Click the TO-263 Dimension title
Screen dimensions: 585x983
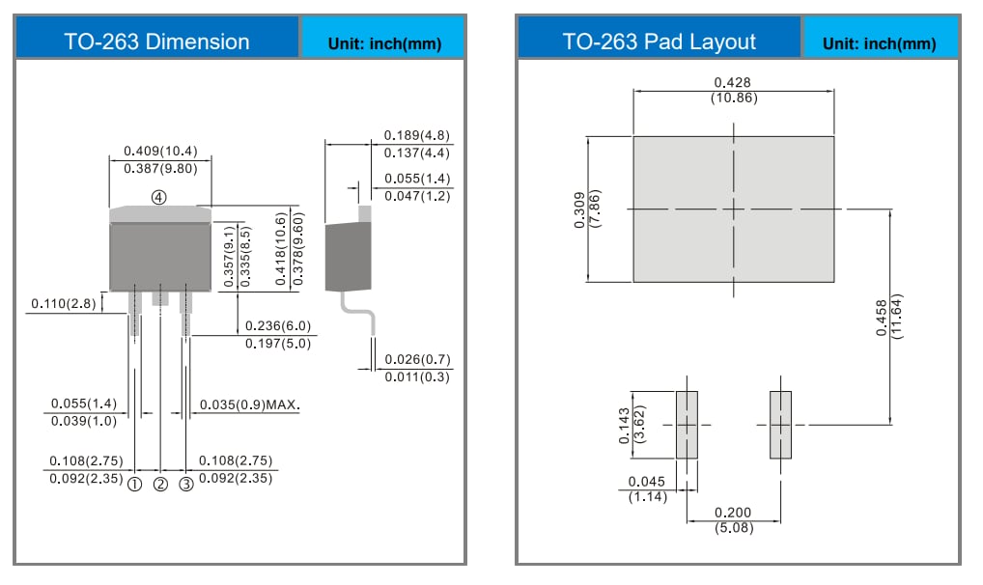pos(156,42)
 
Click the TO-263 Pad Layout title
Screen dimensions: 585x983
pos(660,42)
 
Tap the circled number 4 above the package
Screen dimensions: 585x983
pos(159,196)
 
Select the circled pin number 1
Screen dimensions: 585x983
pos(134,484)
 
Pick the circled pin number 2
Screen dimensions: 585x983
pos(160,484)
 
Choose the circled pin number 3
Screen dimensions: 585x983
pos(186,484)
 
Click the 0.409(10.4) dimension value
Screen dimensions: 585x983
pos(160,151)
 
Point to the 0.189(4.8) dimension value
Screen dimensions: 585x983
pos(417,135)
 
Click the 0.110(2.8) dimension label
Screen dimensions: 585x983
pos(64,303)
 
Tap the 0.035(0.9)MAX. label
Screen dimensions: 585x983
pos(249,404)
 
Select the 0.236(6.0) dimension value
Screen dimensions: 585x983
pos(278,326)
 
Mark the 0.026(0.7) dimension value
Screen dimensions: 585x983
pos(417,359)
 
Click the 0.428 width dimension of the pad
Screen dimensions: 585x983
pos(734,82)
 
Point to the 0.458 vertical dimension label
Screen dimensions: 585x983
pos(881,316)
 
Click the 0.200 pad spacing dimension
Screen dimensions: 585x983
pos(733,513)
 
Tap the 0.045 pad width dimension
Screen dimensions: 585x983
pos(646,482)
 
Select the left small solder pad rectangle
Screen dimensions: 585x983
pos(687,425)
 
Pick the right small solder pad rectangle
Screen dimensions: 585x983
pos(780,425)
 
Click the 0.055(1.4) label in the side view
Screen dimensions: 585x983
pos(417,179)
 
